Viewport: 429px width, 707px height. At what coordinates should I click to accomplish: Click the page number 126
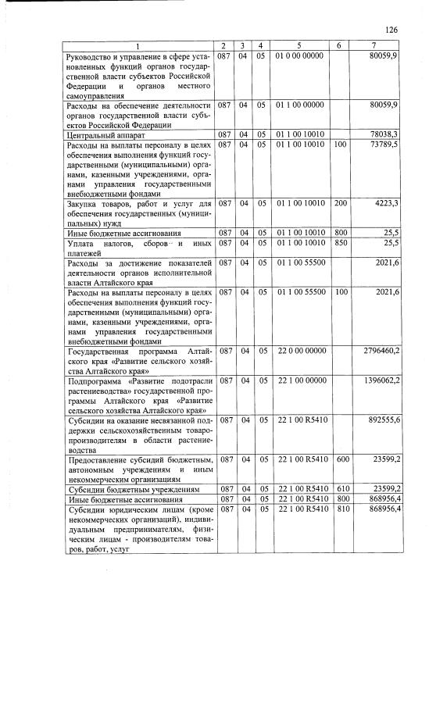click(x=391, y=29)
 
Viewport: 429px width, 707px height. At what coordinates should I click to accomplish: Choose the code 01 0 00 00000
click(x=300, y=56)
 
